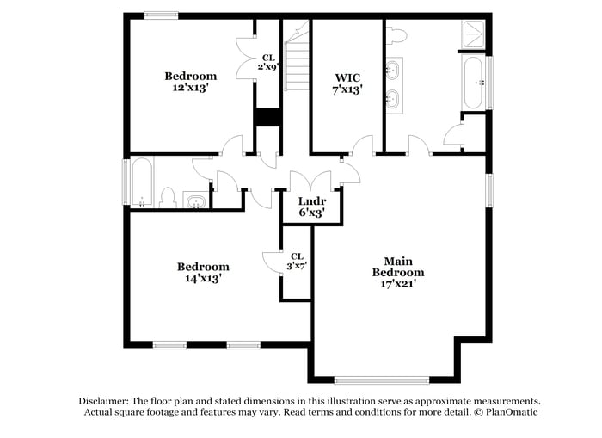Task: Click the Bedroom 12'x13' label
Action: click(x=191, y=81)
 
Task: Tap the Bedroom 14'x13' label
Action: click(x=203, y=272)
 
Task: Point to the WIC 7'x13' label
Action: click(x=347, y=82)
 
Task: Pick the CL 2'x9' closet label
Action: click(x=268, y=62)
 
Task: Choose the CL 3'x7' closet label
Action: click(x=297, y=262)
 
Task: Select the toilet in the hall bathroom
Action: click(x=169, y=199)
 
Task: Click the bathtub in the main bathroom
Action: click(x=475, y=82)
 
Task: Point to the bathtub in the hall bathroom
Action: click(x=142, y=182)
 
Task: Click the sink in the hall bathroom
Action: click(x=196, y=202)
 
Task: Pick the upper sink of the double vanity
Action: click(x=393, y=68)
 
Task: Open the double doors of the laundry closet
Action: click(x=310, y=182)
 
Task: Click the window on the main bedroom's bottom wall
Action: click(x=381, y=379)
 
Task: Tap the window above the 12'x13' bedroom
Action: click(x=161, y=15)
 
